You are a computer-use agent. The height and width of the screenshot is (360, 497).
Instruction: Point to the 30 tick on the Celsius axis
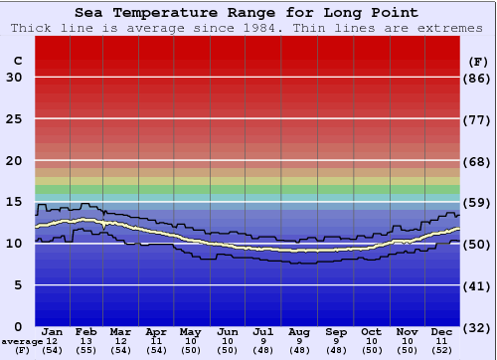pyautogui.click(x=14, y=78)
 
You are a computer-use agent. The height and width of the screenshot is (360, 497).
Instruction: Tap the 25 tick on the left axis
pyautogui.click(x=14, y=119)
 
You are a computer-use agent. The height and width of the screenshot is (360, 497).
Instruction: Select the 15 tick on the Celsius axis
pyautogui.click(x=14, y=202)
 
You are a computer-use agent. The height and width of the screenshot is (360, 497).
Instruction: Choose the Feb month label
pyautogui.click(x=86, y=331)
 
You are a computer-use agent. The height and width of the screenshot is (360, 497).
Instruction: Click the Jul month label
pyautogui.click(x=263, y=331)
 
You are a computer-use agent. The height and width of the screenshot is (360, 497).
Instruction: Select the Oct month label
pyautogui.click(x=371, y=331)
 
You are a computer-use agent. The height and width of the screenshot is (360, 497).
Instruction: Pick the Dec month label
pyautogui.click(x=442, y=331)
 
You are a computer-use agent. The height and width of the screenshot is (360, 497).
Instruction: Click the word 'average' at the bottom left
pyautogui.click(x=21, y=342)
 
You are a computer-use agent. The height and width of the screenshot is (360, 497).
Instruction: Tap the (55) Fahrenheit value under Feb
pyautogui.click(x=86, y=351)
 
